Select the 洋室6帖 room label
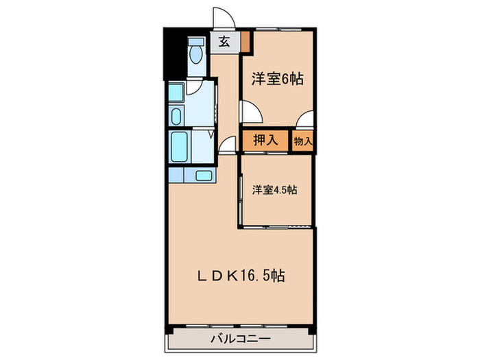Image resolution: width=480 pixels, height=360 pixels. [277, 79]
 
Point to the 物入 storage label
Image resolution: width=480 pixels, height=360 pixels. [303, 141]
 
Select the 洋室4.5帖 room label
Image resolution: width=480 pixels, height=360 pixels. [274, 190]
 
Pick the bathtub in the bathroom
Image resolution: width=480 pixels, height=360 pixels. [180, 145]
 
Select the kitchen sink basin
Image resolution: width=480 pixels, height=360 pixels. [204, 176]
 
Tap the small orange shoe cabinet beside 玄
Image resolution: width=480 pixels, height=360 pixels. [245, 42]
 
